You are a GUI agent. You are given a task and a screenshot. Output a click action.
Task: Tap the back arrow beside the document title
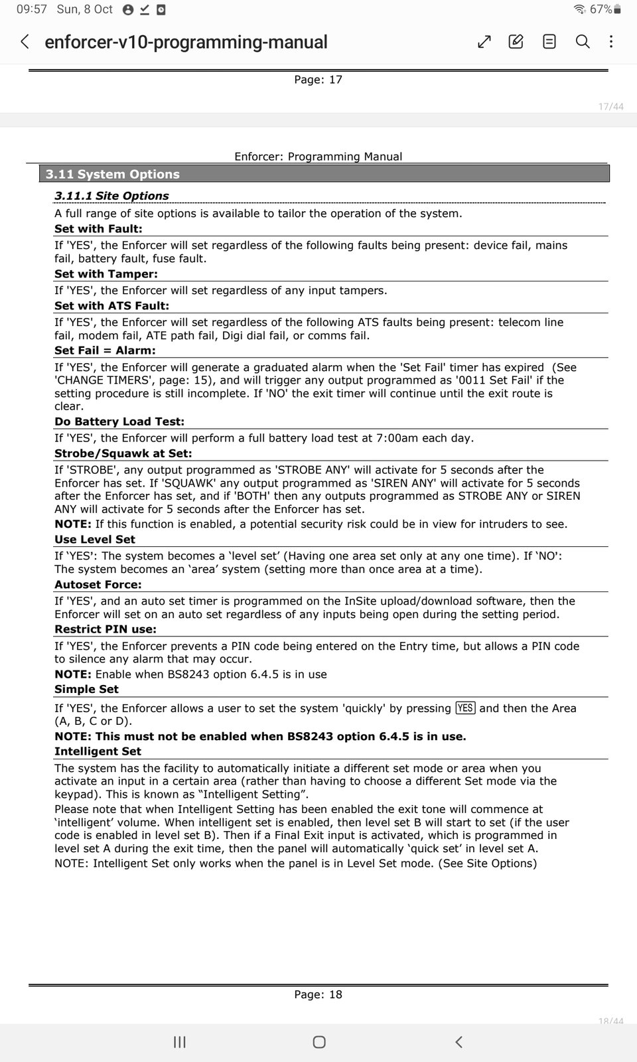click(25, 42)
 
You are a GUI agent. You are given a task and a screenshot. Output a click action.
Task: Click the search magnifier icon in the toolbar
click(583, 42)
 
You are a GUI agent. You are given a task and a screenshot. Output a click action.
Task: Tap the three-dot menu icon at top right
click(611, 42)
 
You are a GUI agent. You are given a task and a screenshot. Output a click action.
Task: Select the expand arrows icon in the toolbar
click(484, 42)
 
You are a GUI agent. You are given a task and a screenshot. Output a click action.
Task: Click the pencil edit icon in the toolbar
click(516, 42)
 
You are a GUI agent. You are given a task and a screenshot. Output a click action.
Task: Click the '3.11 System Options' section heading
click(113, 175)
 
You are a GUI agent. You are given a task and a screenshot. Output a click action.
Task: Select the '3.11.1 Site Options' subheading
click(111, 196)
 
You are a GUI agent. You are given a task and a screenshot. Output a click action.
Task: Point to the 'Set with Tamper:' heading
click(106, 274)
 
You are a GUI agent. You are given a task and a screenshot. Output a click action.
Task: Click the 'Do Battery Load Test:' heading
click(119, 421)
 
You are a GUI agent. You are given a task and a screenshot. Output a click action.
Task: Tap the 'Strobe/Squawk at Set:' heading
click(123, 453)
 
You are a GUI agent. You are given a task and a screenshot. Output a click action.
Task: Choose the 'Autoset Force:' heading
click(98, 585)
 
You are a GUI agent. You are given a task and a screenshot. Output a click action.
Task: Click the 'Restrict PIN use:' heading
click(106, 629)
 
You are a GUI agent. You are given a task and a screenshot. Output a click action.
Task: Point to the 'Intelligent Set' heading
click(98, 751)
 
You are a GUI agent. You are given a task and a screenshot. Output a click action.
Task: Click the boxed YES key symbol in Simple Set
click(465, 708)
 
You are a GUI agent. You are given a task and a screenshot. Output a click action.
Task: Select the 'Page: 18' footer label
click(318, 994)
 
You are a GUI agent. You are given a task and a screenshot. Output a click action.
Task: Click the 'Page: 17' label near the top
click(318, 80)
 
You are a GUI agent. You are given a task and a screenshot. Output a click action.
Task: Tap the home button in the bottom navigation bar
click(319, 1042)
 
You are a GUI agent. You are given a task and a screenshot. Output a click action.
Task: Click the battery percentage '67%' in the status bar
click(601, 9)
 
